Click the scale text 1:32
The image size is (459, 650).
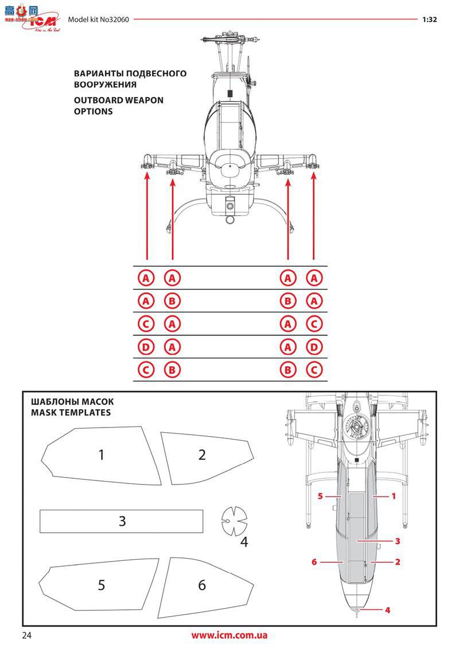pos(430,19)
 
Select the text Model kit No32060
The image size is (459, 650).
pos(98,19)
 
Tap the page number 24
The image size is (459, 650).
pos(28,635)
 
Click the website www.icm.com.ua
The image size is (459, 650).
pos(229,635)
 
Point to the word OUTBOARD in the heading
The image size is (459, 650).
pos(98,100)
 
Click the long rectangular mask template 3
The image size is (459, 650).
pos(121,521)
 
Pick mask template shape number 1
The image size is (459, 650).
pos(102,455)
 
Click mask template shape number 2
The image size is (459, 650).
pos(202,455)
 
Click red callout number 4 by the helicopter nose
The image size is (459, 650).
pos(388,610)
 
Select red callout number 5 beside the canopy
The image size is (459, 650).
pos(321,495)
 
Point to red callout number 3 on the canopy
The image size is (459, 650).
pos(397,541)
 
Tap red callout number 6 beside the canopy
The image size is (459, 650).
pos(314,562)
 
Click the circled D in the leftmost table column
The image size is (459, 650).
pos(146,347)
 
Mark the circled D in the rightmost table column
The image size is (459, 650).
pos(313,347)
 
